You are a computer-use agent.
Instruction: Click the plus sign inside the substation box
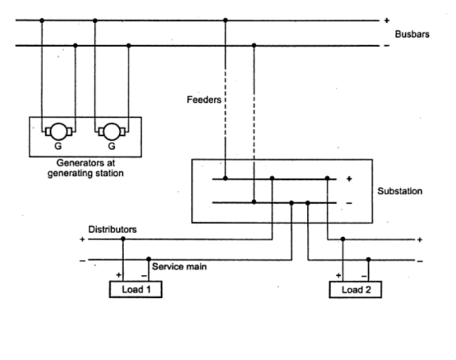coord(349,178)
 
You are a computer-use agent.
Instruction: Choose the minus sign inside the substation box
coord(349,204)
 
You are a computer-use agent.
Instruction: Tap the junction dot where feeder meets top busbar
coord(225,20)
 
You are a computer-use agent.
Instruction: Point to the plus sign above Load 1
coord(117,275)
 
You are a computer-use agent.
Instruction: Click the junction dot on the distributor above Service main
coord(150,259)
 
